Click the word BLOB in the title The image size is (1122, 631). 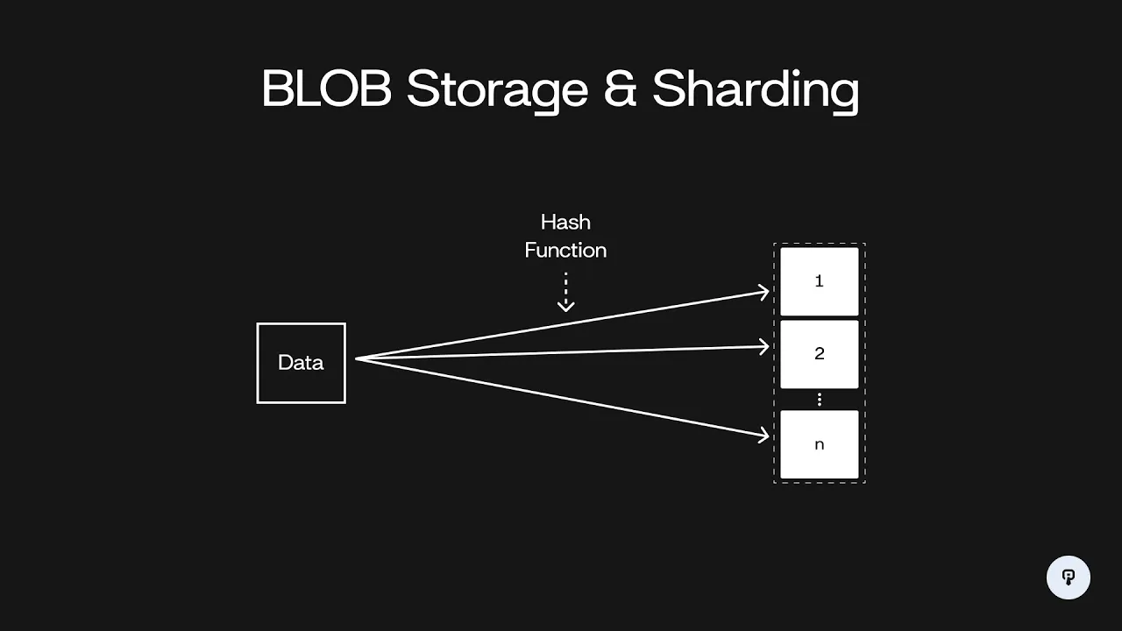coord(326,89)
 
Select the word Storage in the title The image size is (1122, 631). coord(497,89)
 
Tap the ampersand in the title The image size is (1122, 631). coord(620,89)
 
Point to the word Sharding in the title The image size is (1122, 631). coord(756,89)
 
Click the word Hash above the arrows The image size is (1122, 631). coord(565,222)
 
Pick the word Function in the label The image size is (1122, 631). coord(565,251)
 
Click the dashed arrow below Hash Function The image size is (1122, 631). coord(566,293)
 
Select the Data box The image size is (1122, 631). coord(302,363)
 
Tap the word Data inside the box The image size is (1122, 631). coord(301,363)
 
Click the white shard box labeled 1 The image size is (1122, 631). coord(820,281)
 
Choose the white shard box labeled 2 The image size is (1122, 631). coord(820,354)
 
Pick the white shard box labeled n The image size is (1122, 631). coord(820,444)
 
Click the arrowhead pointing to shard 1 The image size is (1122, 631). coord(764,292)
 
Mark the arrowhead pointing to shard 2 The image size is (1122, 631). coord(764,347)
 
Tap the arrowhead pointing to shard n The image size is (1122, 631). coord(764,434)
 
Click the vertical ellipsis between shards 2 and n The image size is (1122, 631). coord(820,400)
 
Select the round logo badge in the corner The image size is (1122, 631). coord(1069,578)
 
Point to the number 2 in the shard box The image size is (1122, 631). coord(820,354)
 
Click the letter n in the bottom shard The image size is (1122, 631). coord(820,444)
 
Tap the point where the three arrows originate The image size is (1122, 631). coord(357,358)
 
